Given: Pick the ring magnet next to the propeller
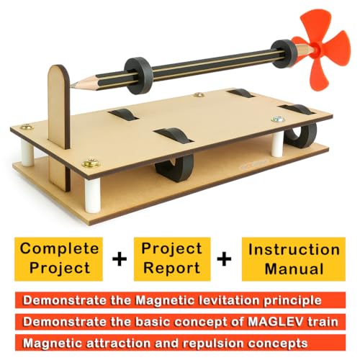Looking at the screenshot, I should pyautogui.click(x=285, y=53).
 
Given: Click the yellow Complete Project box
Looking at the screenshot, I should pyautogui.click(x=59, y=258).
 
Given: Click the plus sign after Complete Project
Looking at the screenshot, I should pyautogui.click(x=118, y=259).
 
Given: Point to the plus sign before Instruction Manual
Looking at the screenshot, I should pyautogui.click(x=226, y=259).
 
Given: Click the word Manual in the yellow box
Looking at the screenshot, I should pyautogui.click(x=293, y=268).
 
